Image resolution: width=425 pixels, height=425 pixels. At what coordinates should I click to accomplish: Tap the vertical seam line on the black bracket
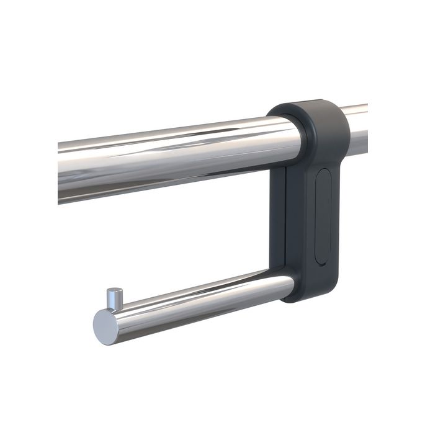[x=286, y=223]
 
